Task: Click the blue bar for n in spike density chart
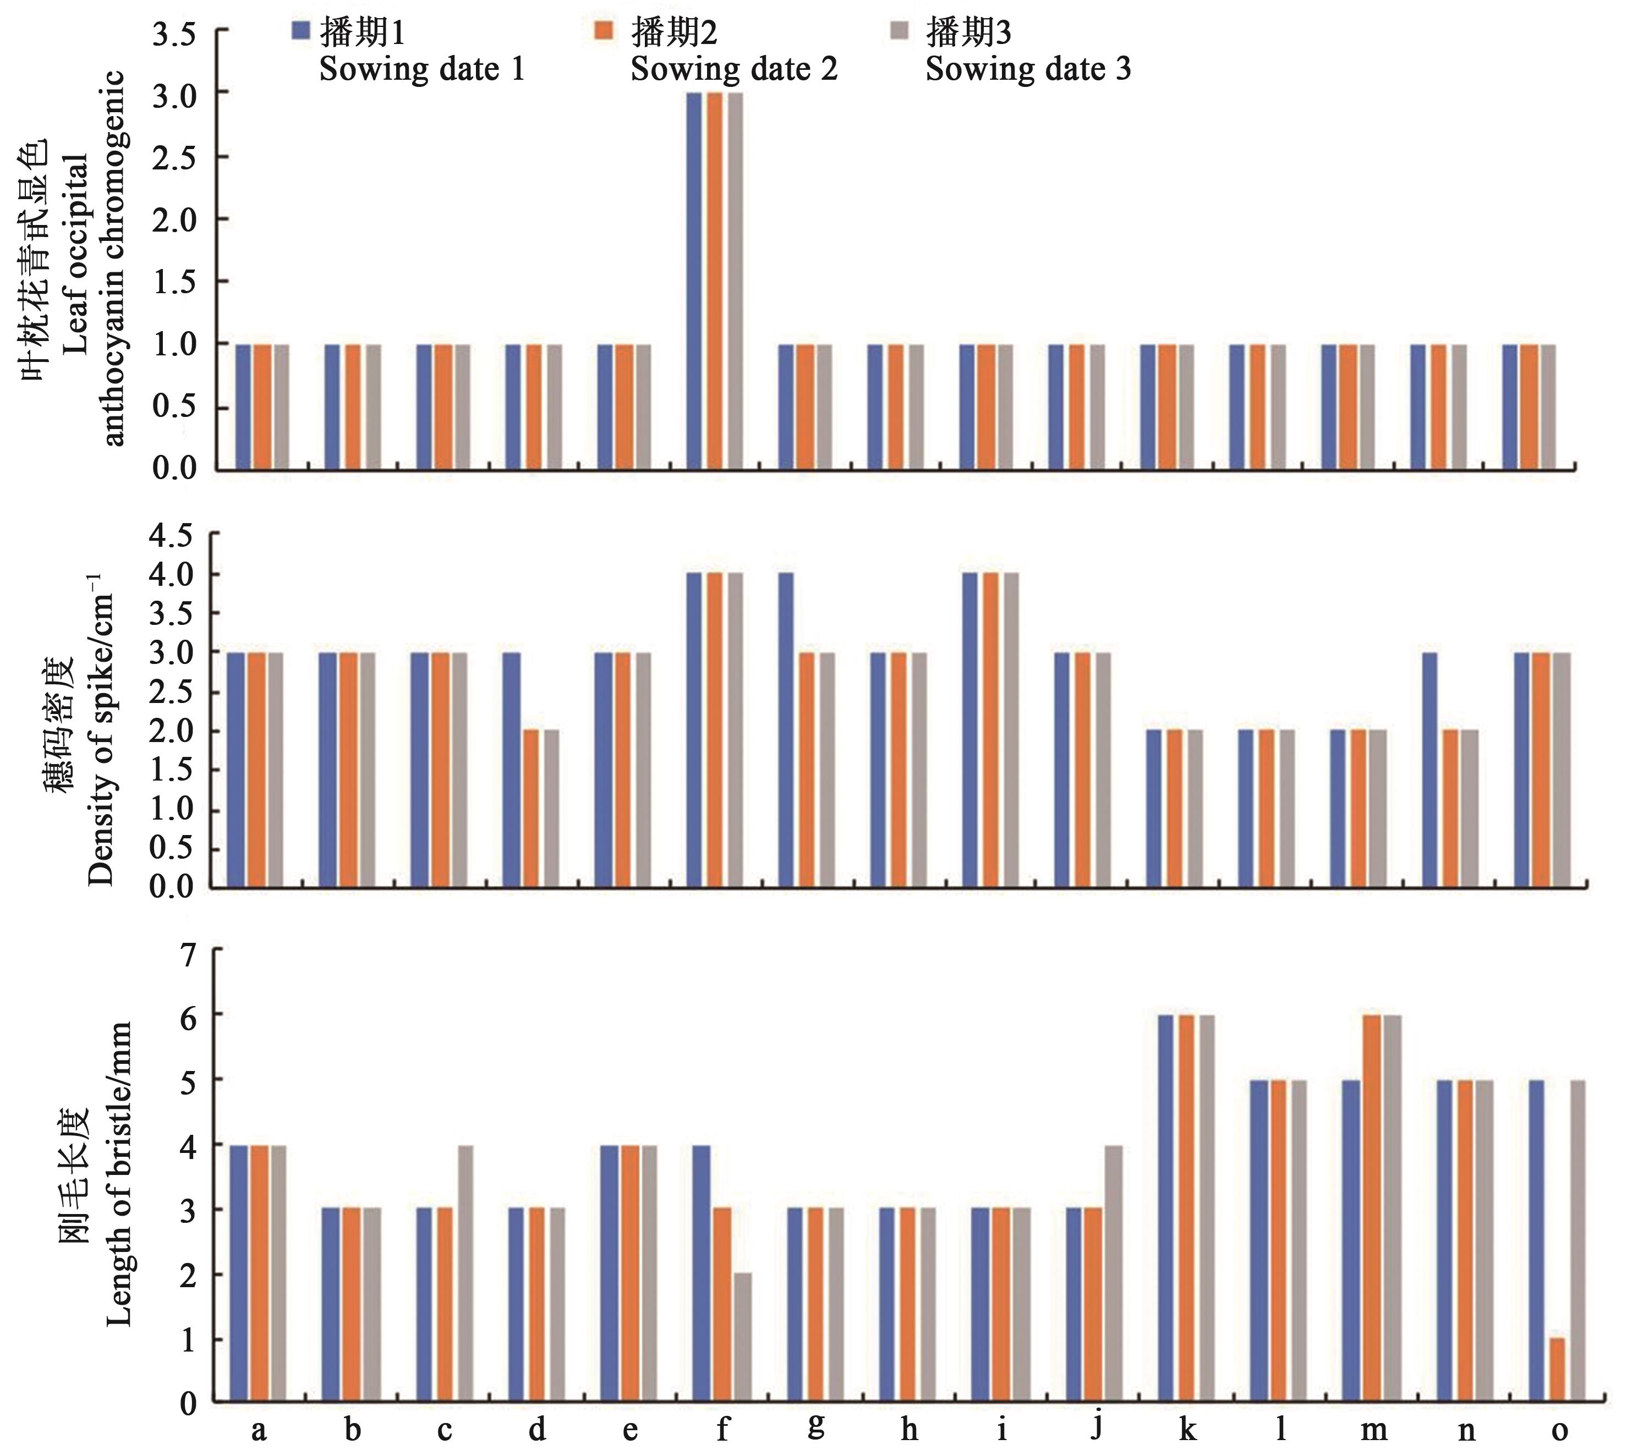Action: (1429, 770)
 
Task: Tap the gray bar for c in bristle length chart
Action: (465, 1274)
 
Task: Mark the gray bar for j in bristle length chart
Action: (1115, 1274)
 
